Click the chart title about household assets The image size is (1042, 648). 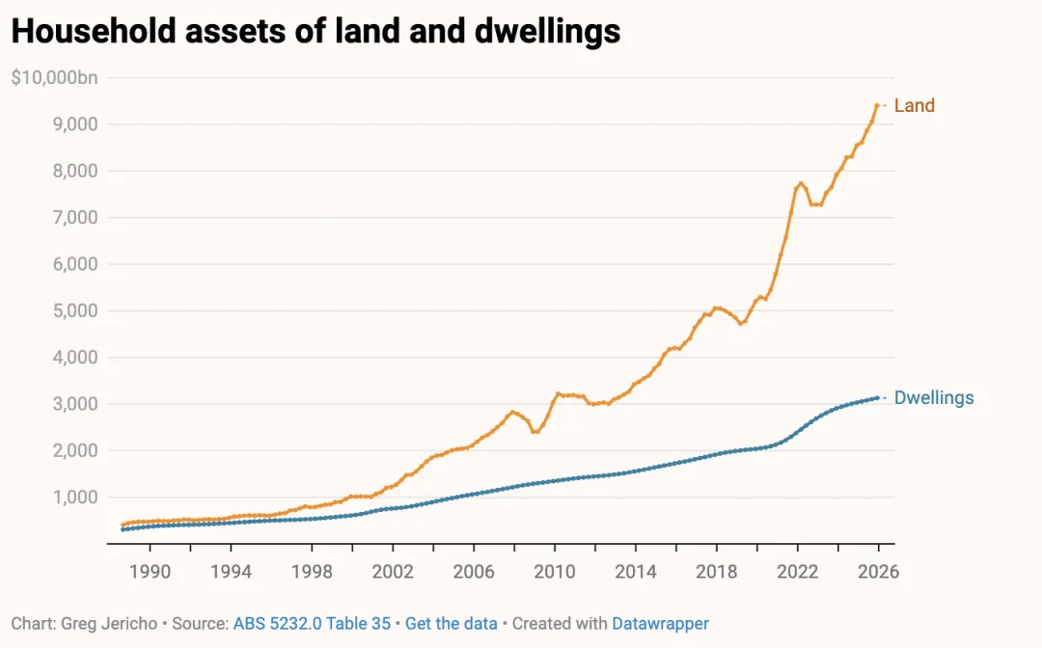pos(315,32)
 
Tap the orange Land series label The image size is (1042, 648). pos(914,105)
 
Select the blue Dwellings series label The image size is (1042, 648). pos(933,397)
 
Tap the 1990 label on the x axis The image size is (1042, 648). pos(150,572)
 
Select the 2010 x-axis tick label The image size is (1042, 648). pos(554,572)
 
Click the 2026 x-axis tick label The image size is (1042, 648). pos(877,572)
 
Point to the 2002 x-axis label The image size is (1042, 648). pos(393,572)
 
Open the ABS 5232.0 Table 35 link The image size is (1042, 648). pos(312,624)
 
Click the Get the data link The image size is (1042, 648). pos(452,624)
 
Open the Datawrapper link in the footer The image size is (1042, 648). pos(660,624)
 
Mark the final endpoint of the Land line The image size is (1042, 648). pos(876,105)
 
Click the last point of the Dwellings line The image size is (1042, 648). pos(876,397)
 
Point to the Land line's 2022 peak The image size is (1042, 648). pos(801,183)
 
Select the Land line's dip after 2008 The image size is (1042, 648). pos(535,431)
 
